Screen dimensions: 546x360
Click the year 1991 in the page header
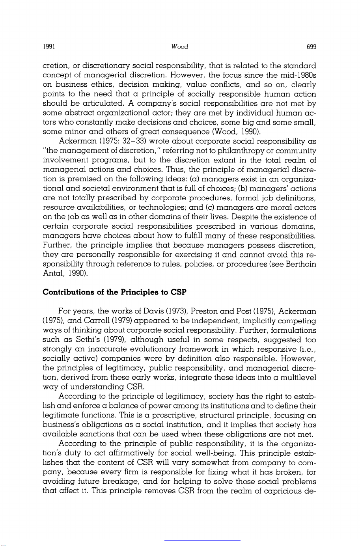tap(48, 47)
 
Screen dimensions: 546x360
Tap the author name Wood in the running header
tap(180, 47)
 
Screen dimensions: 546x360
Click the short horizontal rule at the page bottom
tap(202, 540)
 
